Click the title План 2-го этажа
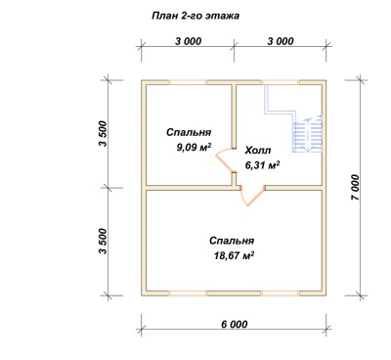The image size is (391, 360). [195, 16]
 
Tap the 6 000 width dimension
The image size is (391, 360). [235, 325]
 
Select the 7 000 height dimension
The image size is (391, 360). [356, 188]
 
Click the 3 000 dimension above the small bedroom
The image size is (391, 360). [189, 41]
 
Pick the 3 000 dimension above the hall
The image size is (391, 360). [281, 41]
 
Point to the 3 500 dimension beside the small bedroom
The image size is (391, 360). [103, 134]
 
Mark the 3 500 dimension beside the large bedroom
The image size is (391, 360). [103, 242]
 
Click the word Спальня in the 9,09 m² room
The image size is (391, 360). [189, 132]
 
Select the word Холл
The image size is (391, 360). [258, 151]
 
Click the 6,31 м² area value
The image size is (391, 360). [263, 165]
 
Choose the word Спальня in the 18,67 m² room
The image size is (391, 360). [232, 241]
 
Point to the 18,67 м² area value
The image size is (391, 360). [234, 255]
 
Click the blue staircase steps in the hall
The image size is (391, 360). [308, 134]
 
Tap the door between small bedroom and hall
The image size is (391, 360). [226, 160]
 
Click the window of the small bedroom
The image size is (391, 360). [188, 82]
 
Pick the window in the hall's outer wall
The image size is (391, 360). [281, 82]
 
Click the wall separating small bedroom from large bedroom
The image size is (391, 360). [189, 188]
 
